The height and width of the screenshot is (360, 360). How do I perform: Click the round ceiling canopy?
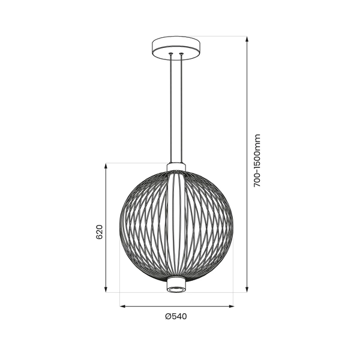pos(176,46)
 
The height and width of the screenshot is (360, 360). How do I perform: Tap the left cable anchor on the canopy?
pos(171,55)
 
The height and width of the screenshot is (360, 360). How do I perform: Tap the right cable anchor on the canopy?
pos(181,55)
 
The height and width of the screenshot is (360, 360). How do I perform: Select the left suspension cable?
pos(171,108)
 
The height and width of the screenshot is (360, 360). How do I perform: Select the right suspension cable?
pos(181,108)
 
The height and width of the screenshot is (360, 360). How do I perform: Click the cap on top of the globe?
pos(176,166)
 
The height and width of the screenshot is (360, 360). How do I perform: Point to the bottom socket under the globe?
pos(176,287)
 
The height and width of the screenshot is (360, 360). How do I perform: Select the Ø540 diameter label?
pos(176,317)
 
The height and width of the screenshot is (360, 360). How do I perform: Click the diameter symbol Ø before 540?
pos(168,317)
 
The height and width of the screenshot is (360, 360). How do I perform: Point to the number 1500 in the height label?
pos(257,157)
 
